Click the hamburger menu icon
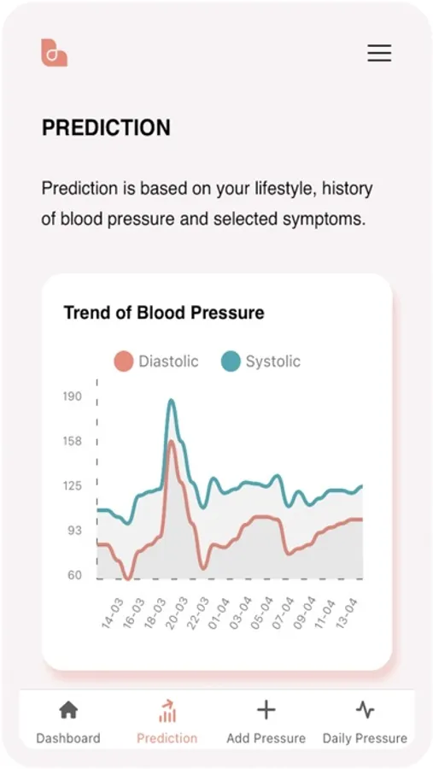pos(379,52)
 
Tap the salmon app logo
pos(54,52)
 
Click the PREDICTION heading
pos(107,127)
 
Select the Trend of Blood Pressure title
pos(164,313)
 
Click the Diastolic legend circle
pos(124,361)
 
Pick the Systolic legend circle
pos(231,361)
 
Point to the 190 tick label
pos(72,396)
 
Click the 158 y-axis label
pos(72,441)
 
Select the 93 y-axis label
pos(74,530)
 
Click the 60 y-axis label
pos(74,575)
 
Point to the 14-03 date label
pos(112,613)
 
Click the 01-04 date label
pos(219,613)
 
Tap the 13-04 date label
pos(346,613)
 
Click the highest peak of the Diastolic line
pos(171,442)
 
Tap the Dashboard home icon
pos(68,710)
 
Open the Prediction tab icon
pos(167,711)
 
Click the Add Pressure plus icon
pos(266,710)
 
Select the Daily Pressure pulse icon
pos(365,710)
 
